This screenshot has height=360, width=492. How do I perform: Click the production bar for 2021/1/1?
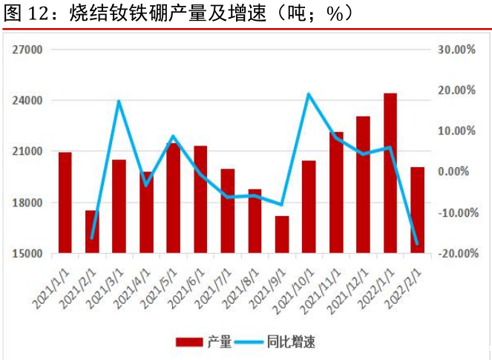click(x=65, y=202)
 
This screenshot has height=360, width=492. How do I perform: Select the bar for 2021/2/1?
click(x=92, y=232)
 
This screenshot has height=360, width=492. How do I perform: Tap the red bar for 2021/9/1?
click(x=282, y=235)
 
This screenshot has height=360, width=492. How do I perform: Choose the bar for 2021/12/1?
click(x=363, y=184)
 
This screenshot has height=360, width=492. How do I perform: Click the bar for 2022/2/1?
click(x=417, y=210)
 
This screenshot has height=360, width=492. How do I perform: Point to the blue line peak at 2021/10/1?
click(x=309, y=94)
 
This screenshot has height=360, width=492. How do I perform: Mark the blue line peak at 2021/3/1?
click(x=119, y=101)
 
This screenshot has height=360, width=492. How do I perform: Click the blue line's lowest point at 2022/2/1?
click(x=417, y=243)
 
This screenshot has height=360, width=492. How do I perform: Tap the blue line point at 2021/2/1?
click(x=92, y=238)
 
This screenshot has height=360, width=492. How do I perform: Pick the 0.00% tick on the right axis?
click(x=459, y=171)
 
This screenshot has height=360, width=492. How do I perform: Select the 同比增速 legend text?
click(x=292, y=342)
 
